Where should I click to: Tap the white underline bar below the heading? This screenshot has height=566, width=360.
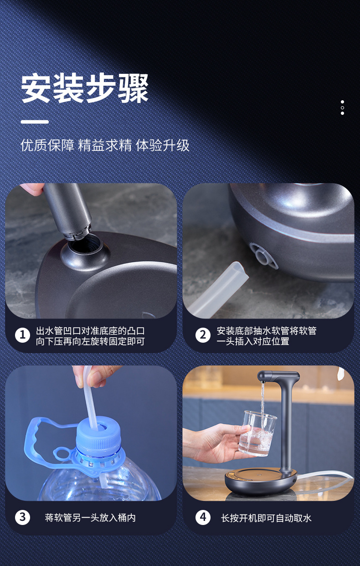pos(35,122)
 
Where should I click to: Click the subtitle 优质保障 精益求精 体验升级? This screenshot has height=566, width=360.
pos(105,145)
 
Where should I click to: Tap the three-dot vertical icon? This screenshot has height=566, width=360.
pos(342,108)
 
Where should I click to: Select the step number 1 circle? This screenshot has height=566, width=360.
pos(22,335)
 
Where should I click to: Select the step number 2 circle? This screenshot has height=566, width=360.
pos(203,335)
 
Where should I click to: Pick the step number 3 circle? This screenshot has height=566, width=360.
pos(22,518)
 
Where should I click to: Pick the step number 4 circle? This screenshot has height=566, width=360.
pos(203,518)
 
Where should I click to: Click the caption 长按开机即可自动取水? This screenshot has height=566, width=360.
pos(266,518)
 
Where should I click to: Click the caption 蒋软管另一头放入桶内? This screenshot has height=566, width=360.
pos(90,518)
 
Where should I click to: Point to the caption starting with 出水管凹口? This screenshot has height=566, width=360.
pos(90,336)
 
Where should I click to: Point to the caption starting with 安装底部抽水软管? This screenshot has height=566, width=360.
pos(267,336)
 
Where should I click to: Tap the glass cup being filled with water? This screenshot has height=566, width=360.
pos(257,433)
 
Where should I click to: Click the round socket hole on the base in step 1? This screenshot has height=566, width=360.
pos(85,249)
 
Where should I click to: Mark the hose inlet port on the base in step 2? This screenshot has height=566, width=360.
pos(263,256)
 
